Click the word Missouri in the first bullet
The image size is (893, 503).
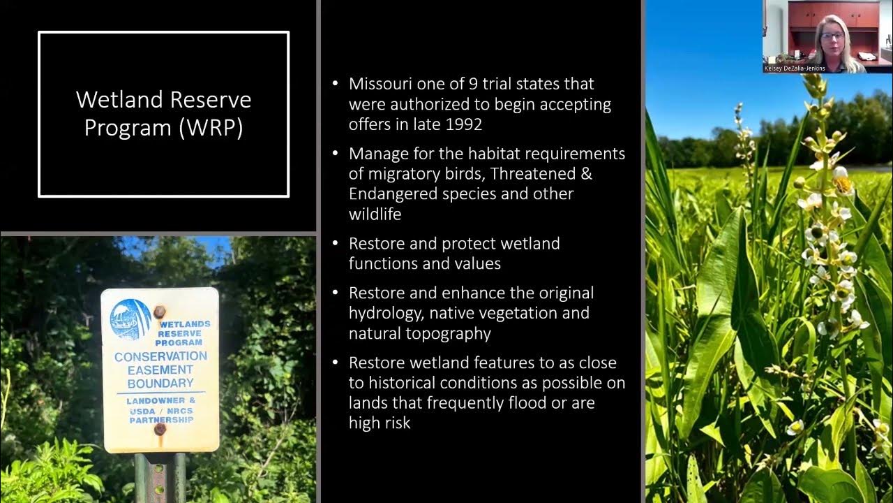[x=380, y=84]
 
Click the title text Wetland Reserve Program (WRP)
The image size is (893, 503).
[x=163, y=113]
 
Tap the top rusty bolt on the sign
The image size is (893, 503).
[x=159, y=312]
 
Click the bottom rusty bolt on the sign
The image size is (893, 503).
[x=160, y=429]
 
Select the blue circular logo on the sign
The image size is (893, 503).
[x=130, y=319]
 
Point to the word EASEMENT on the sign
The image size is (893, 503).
[x=160, y=370]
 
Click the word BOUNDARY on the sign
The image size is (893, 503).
[x=160, y=384]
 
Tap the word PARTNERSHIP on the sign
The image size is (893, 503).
[x=160, y=420]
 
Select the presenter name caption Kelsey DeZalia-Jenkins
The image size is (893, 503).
[x=795, y=68]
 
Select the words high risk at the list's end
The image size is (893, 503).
[x=380, y=423]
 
